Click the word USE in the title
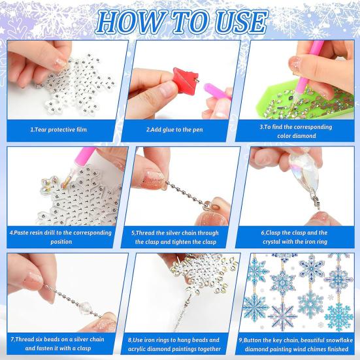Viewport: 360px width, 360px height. click(238, 22)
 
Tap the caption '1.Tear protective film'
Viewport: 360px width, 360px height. click(59, 129)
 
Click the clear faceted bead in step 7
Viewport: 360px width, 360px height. click(86, 306)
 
